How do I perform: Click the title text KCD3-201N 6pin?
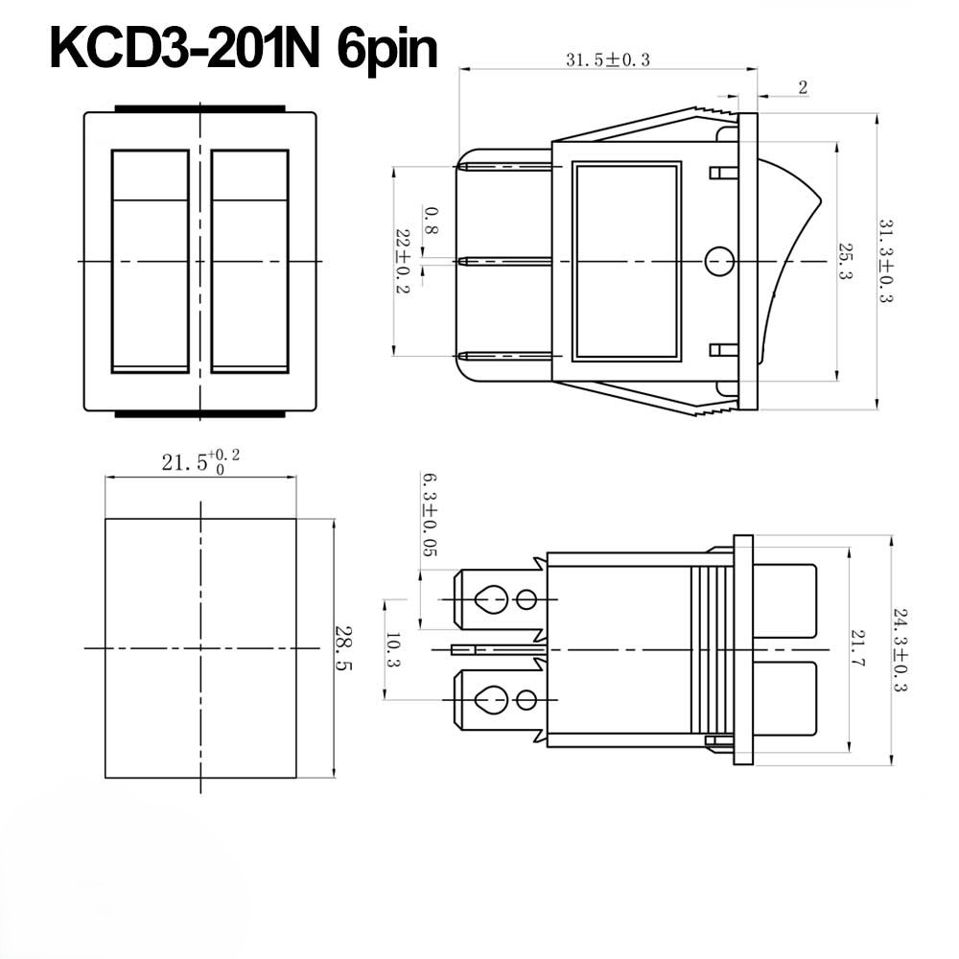[x=244, y=49]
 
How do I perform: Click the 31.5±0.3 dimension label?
[x=607, y=59]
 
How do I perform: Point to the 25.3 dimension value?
[x=846, y=261]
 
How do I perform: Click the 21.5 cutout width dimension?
[x=199, y=461]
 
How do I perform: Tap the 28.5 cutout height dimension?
[x=342, y=648]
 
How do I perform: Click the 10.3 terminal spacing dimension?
[x=393, y=650]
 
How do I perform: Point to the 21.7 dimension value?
[x=856, y=649]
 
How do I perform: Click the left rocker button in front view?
[x=150, y=261]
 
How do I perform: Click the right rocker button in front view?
[x=249, y=261]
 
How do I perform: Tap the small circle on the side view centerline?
[x=718, y=261]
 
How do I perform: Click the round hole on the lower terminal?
[x=526, y=699]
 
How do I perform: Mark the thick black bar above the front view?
[x=199, y=108]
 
